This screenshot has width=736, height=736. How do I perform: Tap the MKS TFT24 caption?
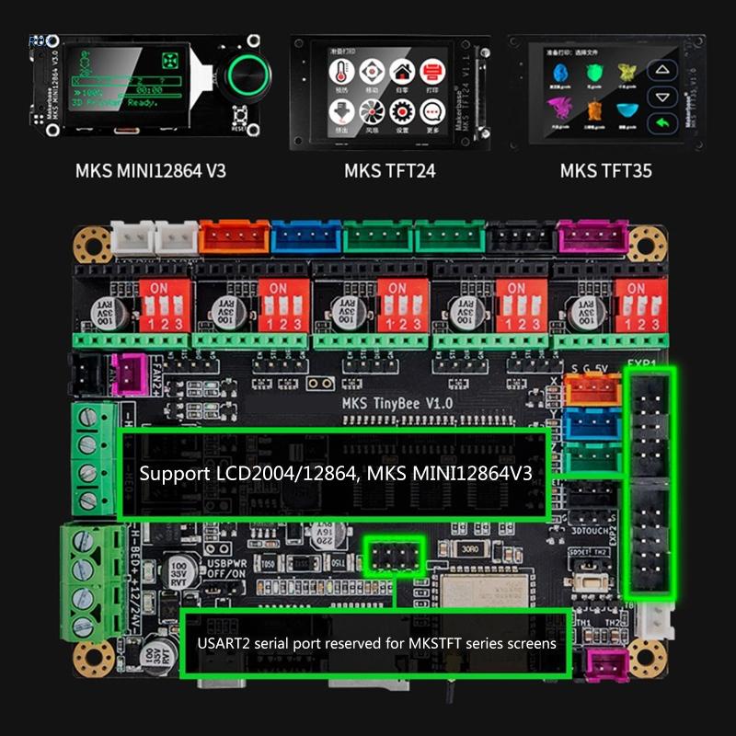(x=389, y=170)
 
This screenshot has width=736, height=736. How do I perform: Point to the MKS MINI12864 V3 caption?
(x=151, y=170)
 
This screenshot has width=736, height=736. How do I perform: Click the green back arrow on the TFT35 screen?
(x=661, y=123)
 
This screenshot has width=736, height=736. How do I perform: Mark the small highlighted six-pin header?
(x=393, y=557)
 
